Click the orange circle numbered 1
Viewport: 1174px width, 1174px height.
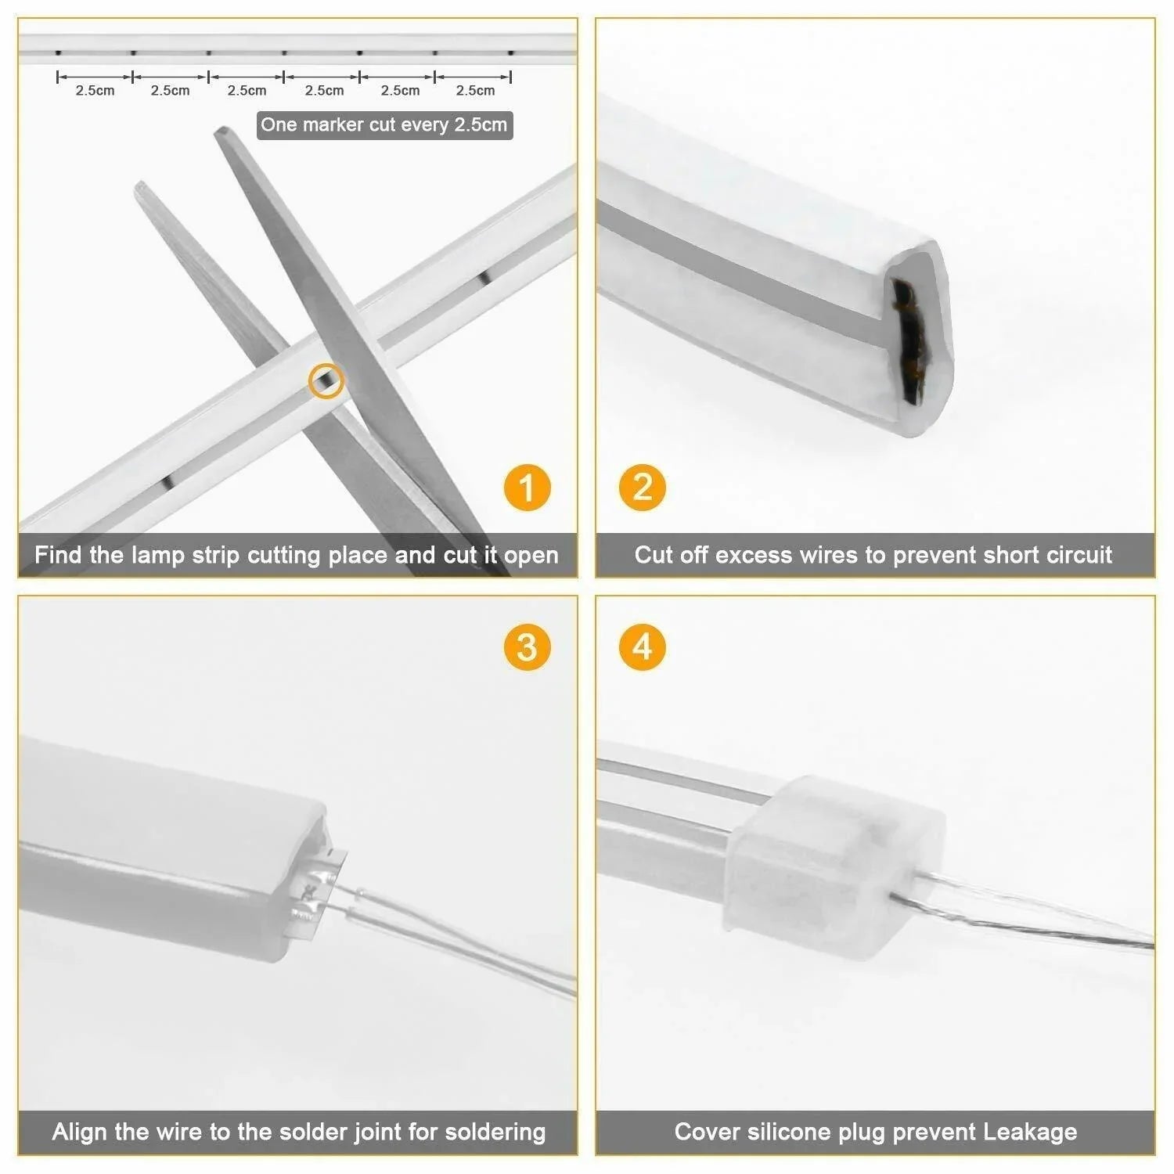[527, 488]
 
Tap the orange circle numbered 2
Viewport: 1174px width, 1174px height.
[642, 488]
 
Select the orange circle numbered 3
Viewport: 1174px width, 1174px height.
[527, 647]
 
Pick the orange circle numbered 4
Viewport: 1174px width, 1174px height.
[642, 647]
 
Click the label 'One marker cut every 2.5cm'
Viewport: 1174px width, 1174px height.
[384, 125]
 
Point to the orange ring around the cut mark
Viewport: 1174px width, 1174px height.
[326, 381]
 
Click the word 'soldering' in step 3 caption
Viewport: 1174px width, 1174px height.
[495, 1132]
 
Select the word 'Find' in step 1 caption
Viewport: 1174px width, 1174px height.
[59, 555]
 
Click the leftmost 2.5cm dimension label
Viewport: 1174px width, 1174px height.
[95, 91]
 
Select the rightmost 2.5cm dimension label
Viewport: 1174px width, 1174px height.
[475, 91]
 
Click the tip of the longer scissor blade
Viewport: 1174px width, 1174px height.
[222, 132]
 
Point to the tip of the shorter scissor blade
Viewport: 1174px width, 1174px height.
[141, 187]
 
